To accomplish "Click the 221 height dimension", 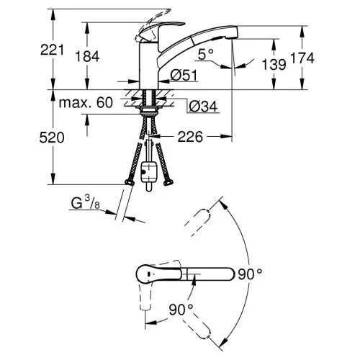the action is click(53, 50).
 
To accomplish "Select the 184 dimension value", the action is click(87, 57).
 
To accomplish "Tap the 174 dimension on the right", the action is click(302, 58).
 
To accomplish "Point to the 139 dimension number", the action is click(274, 65).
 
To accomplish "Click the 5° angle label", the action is click(206, 54).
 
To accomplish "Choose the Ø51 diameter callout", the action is click(184, 76).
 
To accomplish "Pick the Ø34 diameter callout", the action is click(203, 106).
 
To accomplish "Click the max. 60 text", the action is click(86, 103).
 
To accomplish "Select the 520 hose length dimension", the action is click(52, 138).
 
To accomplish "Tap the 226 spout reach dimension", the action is click(190, 137).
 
